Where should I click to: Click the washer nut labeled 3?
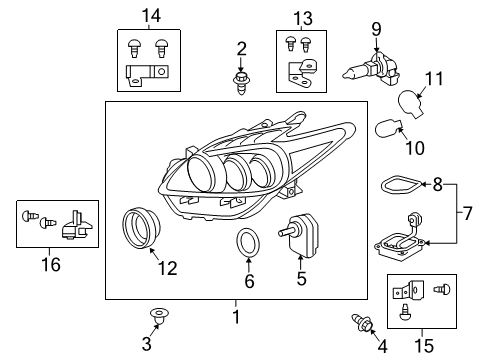[157, 316]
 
